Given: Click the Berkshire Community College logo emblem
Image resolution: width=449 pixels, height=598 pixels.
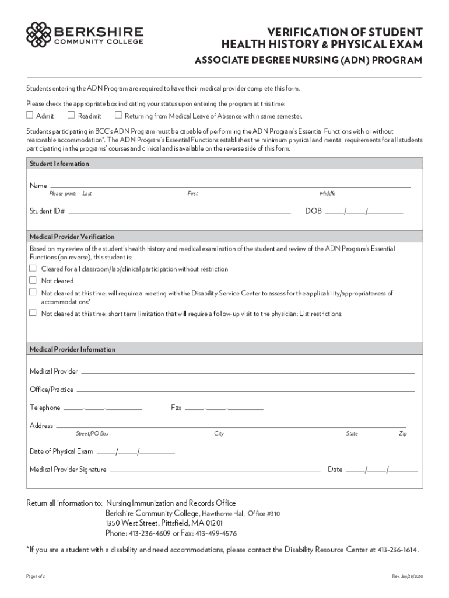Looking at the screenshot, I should [x=38, y=34].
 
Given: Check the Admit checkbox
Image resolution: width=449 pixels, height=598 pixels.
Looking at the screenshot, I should [x=30, y=115].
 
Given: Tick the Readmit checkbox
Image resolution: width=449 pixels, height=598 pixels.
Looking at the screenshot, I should [x=72, y=115].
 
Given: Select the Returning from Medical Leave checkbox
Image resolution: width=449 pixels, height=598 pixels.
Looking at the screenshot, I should [x=118, y=115].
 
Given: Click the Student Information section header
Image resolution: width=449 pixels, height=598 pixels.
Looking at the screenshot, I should [x=59, y=164].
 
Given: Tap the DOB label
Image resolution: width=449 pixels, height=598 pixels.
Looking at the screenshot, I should [x=314, y=211].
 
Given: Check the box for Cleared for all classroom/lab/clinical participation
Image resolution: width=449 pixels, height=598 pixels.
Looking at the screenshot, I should [x=33, y=269].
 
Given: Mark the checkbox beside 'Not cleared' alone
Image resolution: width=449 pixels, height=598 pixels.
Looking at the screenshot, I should [x=33, y=280].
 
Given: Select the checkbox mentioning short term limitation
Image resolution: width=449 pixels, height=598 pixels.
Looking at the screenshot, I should [x=33, y=313].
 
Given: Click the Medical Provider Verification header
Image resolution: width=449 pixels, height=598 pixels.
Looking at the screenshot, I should [x=72, y=237].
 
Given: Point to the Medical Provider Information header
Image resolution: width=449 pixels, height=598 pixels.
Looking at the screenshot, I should [x=72, y=349].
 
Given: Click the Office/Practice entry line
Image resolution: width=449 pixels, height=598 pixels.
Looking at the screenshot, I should [x=245, y=391].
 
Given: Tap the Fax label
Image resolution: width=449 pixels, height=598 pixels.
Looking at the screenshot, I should [x=176, y=408].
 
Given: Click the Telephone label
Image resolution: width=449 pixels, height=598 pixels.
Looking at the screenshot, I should [x=45, y=408].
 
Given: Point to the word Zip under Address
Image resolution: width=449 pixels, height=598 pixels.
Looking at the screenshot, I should [x=402, y=434].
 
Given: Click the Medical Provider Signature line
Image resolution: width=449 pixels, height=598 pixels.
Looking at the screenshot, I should [x=215, y=470].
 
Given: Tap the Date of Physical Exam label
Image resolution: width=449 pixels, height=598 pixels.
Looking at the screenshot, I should [x=61, y=451].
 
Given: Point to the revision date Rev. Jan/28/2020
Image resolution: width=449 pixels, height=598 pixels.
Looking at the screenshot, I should [x=408, y=576].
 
